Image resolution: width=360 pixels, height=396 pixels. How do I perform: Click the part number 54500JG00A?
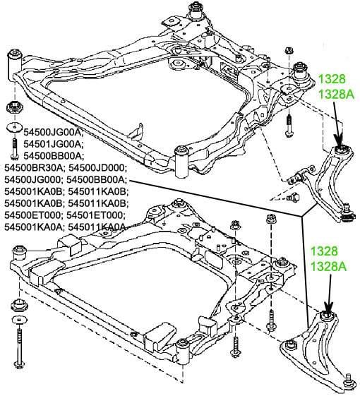tap(52, 132)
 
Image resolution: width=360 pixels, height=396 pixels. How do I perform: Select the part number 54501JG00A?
tap(52, 144)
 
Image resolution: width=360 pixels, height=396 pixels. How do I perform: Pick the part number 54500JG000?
tap(32, 179)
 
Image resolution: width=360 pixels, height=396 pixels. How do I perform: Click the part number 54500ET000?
tap(32, 215)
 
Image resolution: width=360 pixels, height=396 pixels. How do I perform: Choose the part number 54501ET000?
tap(94, 215)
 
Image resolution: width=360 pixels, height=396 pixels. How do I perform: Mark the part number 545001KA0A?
tap(33, 227)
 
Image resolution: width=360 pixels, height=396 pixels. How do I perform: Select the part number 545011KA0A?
tap(97, 227)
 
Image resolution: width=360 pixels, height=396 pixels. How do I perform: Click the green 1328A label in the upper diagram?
tap(336, 95)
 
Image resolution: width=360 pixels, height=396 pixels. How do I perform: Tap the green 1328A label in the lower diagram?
tap(328, 266)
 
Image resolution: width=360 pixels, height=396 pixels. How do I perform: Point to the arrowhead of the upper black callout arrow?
tap(339, 141)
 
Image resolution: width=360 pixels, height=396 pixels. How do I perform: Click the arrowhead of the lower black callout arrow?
tap(328, 308)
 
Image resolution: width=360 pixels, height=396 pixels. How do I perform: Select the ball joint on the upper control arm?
tap(348, 214)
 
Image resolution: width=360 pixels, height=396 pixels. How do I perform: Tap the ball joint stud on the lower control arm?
tap(349, 381)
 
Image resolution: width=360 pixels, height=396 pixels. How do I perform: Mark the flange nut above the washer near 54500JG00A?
tap(14, 107)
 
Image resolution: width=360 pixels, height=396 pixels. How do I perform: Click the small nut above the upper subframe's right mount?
tap(289, 50)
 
